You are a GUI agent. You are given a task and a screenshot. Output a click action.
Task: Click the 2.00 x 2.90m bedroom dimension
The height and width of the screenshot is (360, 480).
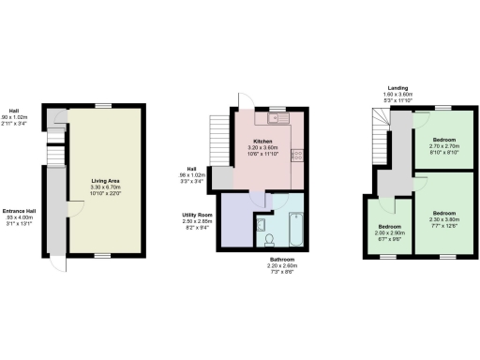click(x=389, y=233)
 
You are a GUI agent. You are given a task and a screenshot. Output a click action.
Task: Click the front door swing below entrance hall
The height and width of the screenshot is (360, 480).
click(x=60, y=262)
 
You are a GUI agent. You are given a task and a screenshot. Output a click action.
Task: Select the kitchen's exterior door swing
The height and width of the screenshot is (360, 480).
click(x=246, y=101)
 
